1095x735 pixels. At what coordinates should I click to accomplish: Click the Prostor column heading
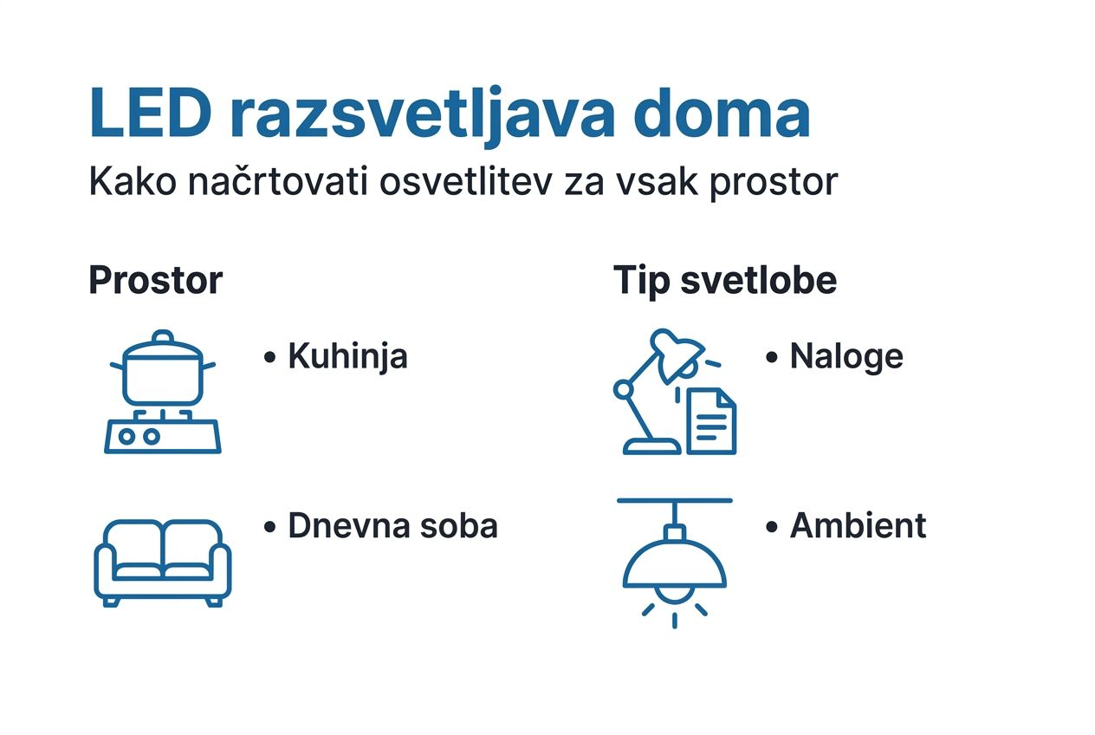[x=156, y=281]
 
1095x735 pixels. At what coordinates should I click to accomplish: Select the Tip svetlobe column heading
[x=725, y=280]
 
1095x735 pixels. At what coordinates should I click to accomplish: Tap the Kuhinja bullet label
[x=347, y=357]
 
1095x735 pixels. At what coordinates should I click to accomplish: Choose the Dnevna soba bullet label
[x=392, y=526]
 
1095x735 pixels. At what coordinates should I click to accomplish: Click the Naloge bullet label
[x=846, y=356]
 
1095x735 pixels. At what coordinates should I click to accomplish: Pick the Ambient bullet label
[x=858, y=526]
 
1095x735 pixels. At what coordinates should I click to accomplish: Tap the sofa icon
[x=162, y=563]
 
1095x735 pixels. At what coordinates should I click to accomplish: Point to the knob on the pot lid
[x=163, y=336]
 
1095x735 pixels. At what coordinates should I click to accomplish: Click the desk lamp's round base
[x=652, y=446]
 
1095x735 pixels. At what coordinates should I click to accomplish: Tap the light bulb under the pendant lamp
[x=675, y=594]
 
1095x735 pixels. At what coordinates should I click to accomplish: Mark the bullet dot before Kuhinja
[x=269, y=357]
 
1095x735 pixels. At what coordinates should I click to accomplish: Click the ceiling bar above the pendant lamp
[x=675, y=500]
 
